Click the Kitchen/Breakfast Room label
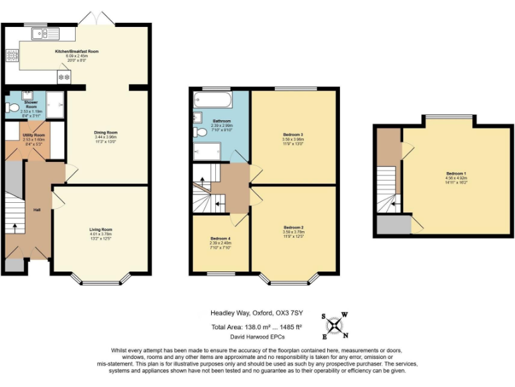tap(76, 51)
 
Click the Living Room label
tap(101, 230)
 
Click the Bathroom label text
tap(222, 121)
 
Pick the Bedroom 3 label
tap(293, 134)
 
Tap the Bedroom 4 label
tap(220, 239)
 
